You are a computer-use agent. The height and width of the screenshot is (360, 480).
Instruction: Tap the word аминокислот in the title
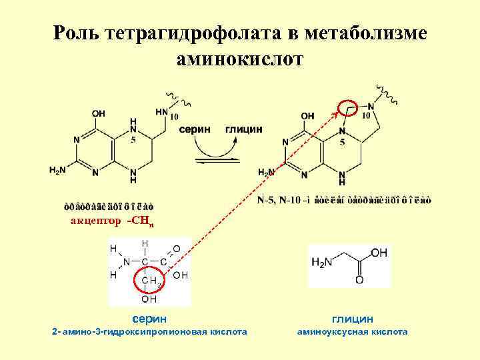pos(240,59)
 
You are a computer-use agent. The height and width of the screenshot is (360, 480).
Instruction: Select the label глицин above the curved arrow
pos(244,129)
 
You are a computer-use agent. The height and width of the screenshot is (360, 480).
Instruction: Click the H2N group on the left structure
pos(57,171)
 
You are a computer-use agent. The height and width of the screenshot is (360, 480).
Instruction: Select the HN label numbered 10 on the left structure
pos(163,112)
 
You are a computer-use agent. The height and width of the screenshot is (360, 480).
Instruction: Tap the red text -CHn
pos(140,222)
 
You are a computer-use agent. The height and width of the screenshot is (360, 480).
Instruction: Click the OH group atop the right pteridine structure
pos(307,115)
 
